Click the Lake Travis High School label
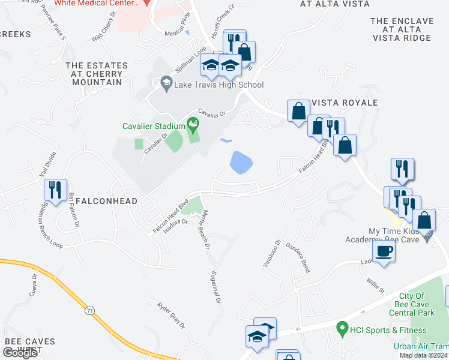[218, 85]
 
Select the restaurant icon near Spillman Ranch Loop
[55, 191]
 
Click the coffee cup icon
[384, 252]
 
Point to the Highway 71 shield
[89, 311]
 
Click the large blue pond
[241, 162]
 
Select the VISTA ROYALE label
[345, 103]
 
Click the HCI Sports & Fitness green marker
[342, 329]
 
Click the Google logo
[20, 353]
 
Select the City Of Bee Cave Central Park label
[411, 304]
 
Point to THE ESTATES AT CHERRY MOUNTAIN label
[97, 74]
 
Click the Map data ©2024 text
[423, 355]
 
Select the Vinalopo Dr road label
[278, 254]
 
